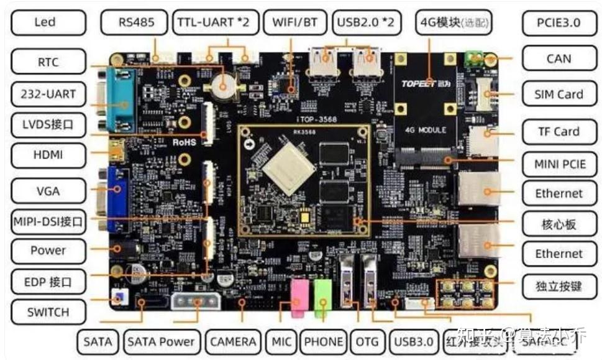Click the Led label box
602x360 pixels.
45,22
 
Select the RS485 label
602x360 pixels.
135,22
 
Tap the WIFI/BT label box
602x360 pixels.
294,22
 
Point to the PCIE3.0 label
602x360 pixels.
559,22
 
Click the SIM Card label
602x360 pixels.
559,95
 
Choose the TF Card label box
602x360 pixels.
559,131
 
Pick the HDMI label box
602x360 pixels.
48,154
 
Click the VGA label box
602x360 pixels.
48,190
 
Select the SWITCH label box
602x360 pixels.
48,312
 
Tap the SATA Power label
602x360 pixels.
161,341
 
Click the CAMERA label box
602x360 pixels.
233,341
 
